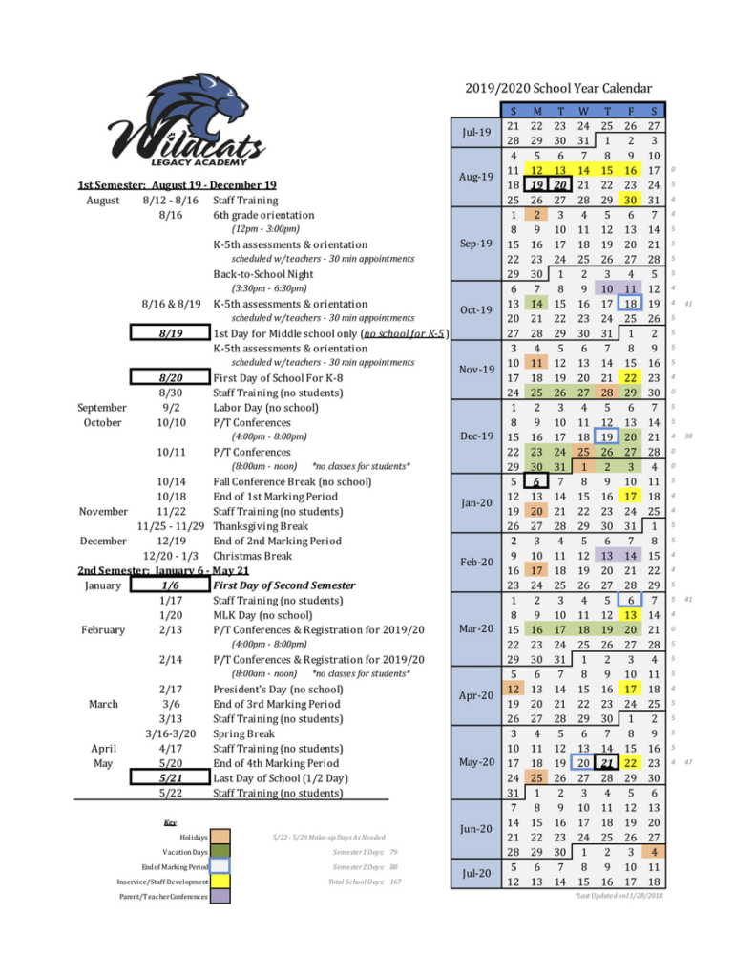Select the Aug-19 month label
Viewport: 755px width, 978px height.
point(475,177)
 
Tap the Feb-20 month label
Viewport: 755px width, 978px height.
point(475,562)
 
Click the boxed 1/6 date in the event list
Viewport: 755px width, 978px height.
point(171,585)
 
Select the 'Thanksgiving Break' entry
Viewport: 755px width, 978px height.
point(261,526)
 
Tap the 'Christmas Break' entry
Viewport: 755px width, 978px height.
point(253,556)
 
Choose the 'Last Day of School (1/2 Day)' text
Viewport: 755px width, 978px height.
point(280,778)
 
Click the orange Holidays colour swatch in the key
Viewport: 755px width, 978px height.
point(220,837)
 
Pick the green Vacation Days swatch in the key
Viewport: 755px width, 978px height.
point(220,851)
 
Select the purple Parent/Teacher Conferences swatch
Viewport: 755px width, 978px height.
point(220,896)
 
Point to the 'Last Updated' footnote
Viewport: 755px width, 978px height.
point(619,896)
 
